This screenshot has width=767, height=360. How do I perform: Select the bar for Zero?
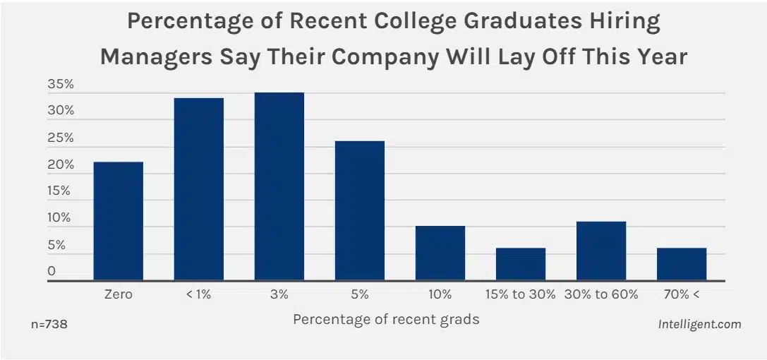(118, 221)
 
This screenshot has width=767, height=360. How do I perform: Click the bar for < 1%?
(198, 189)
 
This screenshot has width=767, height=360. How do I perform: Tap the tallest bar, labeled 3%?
(279, 186)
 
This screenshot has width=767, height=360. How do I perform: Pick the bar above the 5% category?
(360, 210)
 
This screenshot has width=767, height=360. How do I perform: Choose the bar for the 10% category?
(440, 253)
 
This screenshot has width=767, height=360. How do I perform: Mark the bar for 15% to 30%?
(521, 264)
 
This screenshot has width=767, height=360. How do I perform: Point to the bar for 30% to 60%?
(601, 251)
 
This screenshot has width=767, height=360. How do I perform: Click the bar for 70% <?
(682, 264)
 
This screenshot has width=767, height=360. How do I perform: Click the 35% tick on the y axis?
(61, 85)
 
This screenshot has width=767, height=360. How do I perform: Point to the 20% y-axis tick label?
(61, 165)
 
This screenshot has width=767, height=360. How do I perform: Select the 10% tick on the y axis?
(61, 218)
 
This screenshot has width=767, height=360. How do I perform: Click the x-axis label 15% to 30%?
(521, 294)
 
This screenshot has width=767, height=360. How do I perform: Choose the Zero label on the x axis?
(118, 294)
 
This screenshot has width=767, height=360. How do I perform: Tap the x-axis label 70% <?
(681, 294)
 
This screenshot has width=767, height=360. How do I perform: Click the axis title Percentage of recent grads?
(386, 319)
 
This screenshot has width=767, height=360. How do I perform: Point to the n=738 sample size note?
(49, 324)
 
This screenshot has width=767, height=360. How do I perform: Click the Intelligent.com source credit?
(699, 324)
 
